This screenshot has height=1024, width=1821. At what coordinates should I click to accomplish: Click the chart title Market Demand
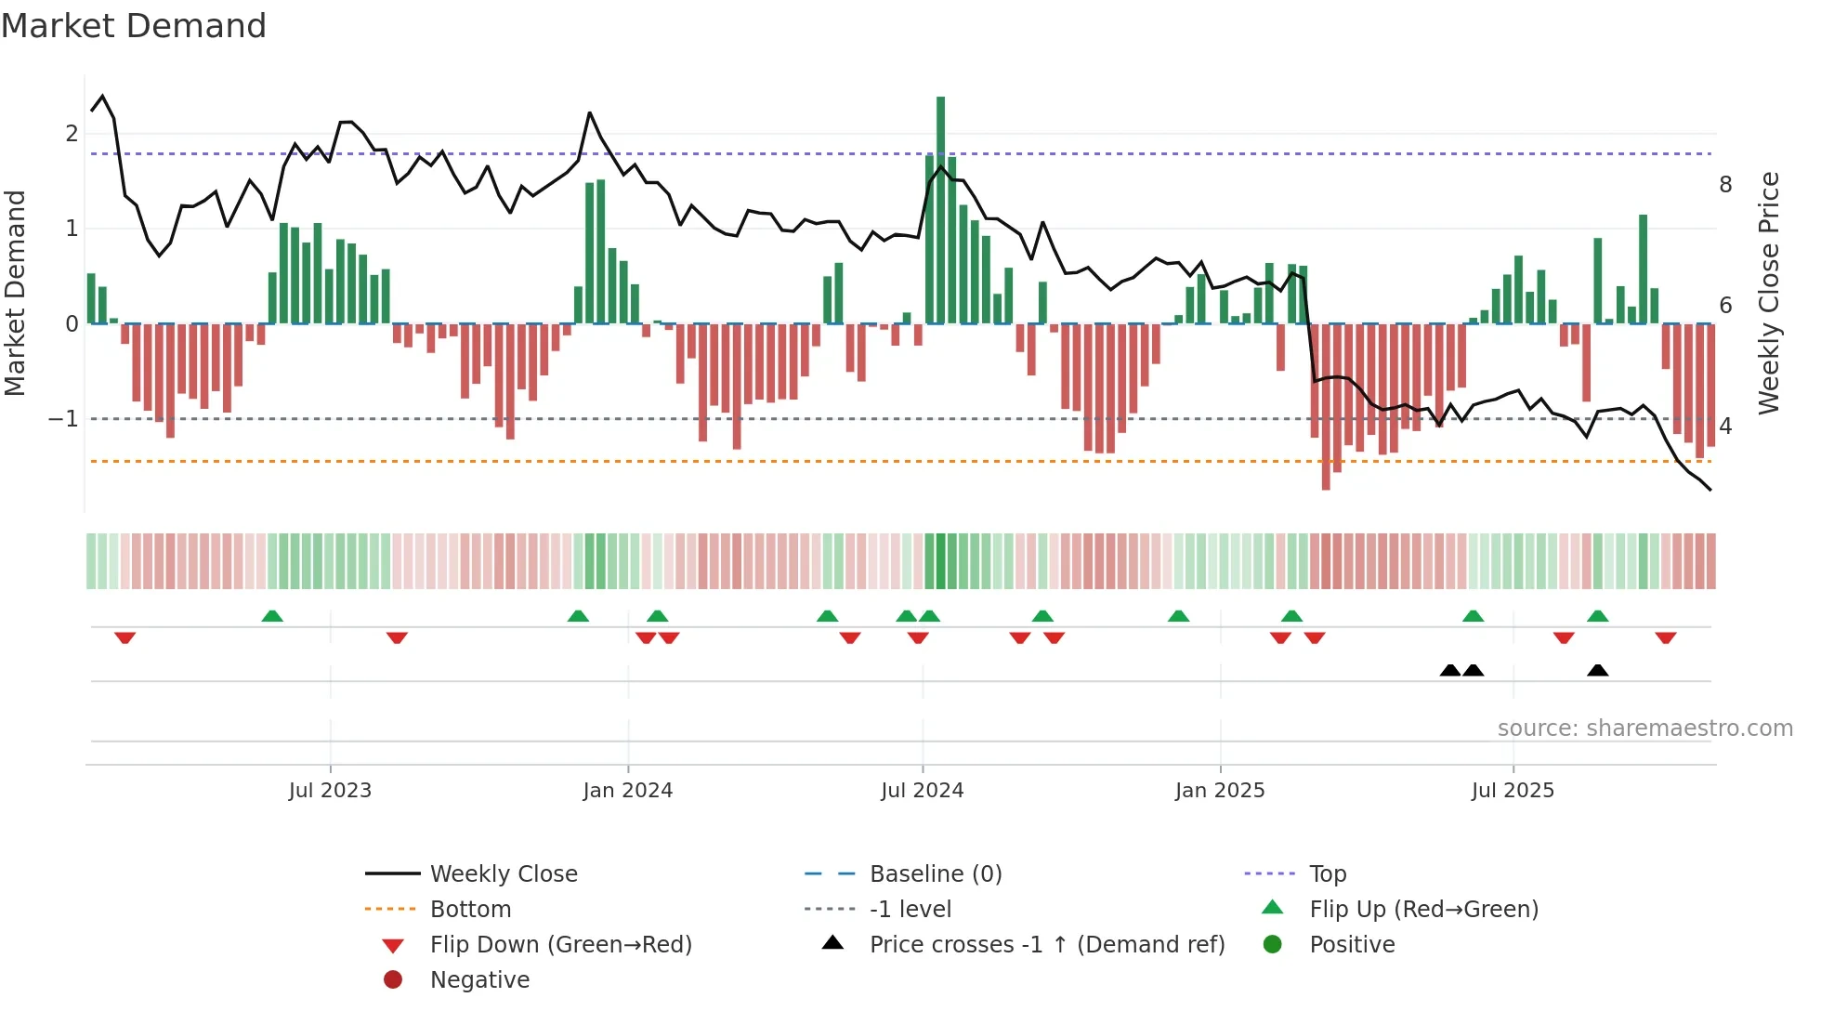pyautogui.click(x=134, y=26)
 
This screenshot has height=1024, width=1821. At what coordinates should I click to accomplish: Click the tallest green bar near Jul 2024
pyautogui.click(x=940, y=209)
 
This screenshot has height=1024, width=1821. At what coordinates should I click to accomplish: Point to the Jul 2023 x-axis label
pyautogui.click(x=330, y=791)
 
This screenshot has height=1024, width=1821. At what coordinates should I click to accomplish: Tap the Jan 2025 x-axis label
pyautogui.click(x=1219, y=791)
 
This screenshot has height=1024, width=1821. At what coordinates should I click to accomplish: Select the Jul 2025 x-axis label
pyautogui.click(x=1513, y=791)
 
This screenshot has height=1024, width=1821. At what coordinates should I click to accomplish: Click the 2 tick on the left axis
pyautogui.click(x=72, y=134)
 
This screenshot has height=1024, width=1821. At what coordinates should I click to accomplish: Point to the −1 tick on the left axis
pyautogui.click(x=63, y=419)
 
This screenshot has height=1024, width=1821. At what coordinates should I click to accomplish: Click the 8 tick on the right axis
pyautogui.click(x=1725, y=185)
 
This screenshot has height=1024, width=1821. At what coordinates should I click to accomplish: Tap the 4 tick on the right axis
pyautogui.click(x=1725, y=427)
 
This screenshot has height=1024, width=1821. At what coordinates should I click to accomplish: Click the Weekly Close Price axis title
pyautogui.click(x=1769, y=293)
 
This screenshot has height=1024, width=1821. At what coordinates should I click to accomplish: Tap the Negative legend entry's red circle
pyautogui.click(x=393, y=980)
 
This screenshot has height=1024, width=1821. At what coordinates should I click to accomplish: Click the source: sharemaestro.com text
pyautogui.click(x=1644, y=729)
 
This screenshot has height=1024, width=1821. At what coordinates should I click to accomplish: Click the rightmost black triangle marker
pyautogui.click(x=1597, y=671)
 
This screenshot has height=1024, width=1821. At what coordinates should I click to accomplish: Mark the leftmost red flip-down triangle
pyautogui.click(x=125, y=637)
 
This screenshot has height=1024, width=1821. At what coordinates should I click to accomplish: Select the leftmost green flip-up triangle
pyautogui.click(x=272, y=616)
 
